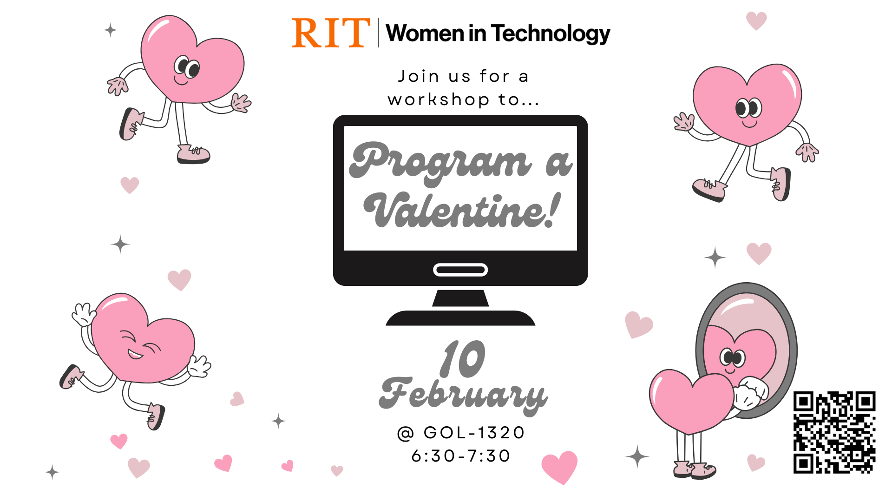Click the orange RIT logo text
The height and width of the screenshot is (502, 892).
pos(330,33)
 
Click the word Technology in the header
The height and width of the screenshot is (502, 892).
pos(551,33)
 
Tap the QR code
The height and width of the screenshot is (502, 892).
pos(834,432)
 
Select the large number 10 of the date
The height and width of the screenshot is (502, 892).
pos(463,359)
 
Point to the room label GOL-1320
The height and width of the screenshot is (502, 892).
pos(474,433)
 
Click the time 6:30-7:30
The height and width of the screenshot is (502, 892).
pos(461,456)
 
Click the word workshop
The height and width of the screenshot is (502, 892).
pos(439,99)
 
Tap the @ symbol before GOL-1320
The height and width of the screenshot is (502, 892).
pos(405,433)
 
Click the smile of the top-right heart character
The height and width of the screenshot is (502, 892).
pos(749,124)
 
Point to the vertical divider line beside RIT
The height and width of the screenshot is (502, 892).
pos(378,33)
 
